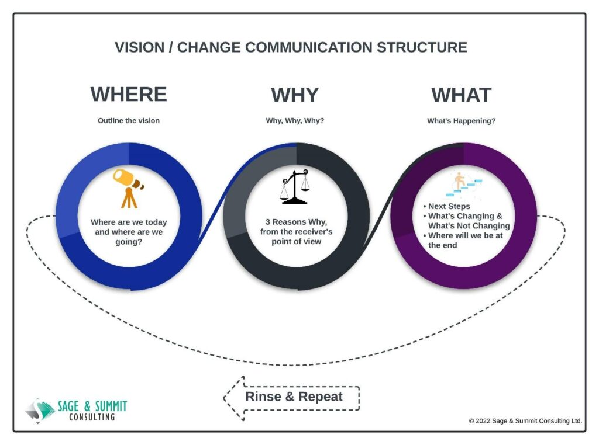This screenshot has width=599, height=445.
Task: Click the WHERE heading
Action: (129, 94)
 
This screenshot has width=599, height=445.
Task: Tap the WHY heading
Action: (295, 95)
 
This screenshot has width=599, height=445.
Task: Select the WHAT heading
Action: (461, 95)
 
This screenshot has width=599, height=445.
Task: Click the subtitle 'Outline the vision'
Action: (129, 120)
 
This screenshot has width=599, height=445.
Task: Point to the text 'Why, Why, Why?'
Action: (295, 120)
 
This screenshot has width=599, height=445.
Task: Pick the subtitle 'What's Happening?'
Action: (461, 121)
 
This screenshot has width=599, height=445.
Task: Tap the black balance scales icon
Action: (295, 186)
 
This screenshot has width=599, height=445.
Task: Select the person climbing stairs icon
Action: (464, 185)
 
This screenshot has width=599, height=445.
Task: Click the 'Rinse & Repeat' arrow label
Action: (294, 397)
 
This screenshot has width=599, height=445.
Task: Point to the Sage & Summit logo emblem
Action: (40, 411)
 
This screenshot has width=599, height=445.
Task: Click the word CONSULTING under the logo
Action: (92, 417)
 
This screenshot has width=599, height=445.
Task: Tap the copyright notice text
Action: (525, 421)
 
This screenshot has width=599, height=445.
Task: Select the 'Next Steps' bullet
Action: (446, 206)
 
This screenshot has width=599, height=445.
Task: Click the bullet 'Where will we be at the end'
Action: (463, 240)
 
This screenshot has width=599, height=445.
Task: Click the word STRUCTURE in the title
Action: (422, 47)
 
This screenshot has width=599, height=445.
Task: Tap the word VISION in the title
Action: (139, 47)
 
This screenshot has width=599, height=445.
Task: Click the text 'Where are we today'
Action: (129, 222)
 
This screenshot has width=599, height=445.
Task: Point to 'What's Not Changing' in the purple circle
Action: (469, 226)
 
